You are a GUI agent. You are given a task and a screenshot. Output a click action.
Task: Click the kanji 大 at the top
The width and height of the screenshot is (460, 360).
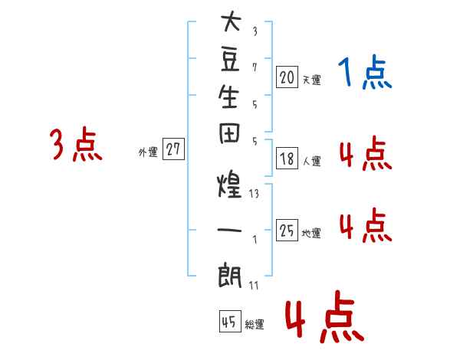(x=232, y=21)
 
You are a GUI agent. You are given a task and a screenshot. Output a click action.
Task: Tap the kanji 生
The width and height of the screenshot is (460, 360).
(x=229, y=97)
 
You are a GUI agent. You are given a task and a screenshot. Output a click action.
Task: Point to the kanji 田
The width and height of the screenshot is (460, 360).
(x=229, y=134)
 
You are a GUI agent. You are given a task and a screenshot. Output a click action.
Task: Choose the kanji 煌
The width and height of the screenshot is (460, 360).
(x=229, y=184)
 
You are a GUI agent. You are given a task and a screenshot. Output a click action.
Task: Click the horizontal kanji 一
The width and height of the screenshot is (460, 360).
(x=229, y=230)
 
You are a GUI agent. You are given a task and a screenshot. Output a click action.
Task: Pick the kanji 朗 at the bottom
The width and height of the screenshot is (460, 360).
(x=230, y=275)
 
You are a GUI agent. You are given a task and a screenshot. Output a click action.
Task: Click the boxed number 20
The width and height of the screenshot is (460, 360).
(x=287, y=77)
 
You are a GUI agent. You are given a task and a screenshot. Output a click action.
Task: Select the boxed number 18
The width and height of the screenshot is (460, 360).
(x=287, y=158)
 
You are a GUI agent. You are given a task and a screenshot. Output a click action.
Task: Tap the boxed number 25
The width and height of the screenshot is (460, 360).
(x=287, y=230)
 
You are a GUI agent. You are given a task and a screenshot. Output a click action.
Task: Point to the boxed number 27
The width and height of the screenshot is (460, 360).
(x=173, y=149)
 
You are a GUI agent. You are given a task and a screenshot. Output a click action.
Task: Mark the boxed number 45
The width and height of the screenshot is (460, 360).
(x=230, y=321)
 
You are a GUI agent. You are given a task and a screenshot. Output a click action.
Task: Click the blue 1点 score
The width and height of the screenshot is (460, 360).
(x=365, y=72)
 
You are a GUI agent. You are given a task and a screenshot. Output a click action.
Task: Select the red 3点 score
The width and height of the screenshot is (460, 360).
(x=76, y=144)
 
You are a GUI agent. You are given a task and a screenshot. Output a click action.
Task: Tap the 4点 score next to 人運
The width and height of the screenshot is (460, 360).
(x=366, y=153)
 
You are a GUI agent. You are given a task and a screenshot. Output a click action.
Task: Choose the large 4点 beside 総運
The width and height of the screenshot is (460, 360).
(x=324, y=317)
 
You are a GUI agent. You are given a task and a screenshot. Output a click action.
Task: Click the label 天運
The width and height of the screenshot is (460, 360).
(x=312, y=80)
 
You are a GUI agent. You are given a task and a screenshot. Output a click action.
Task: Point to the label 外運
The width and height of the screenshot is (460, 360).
(x=148, y=152)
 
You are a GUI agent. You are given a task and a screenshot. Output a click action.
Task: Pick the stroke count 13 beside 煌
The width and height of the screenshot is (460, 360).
(x=254, y=194)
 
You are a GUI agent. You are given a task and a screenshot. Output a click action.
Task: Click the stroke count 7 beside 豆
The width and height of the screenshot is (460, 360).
(x=255, y=67)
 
